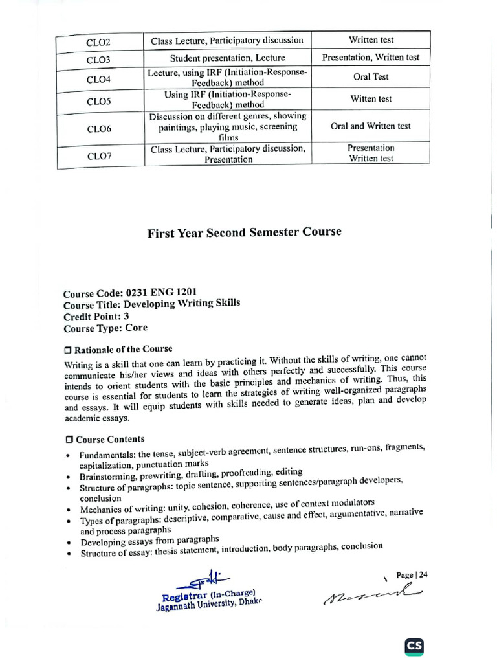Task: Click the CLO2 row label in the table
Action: click(x=99, y=43)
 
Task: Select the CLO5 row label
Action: click(x=99, y=102)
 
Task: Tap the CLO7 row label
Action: click(x=99, y=155)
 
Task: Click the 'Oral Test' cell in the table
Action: click(x=371, y=77)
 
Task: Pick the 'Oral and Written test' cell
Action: click(x=371, y=126)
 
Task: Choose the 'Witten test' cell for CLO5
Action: click(x=371, y=99)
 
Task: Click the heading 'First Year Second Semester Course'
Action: click(x=244, y=232)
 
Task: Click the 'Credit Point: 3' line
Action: click(x=97, y=317)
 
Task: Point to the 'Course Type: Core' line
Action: click(x=105, y=328)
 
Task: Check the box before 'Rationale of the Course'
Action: click(x=69, y=350)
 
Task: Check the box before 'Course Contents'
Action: click(x=69, y=440)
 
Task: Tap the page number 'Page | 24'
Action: click(x=412, y=575)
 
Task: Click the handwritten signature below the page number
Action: click(x=372, y=593)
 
